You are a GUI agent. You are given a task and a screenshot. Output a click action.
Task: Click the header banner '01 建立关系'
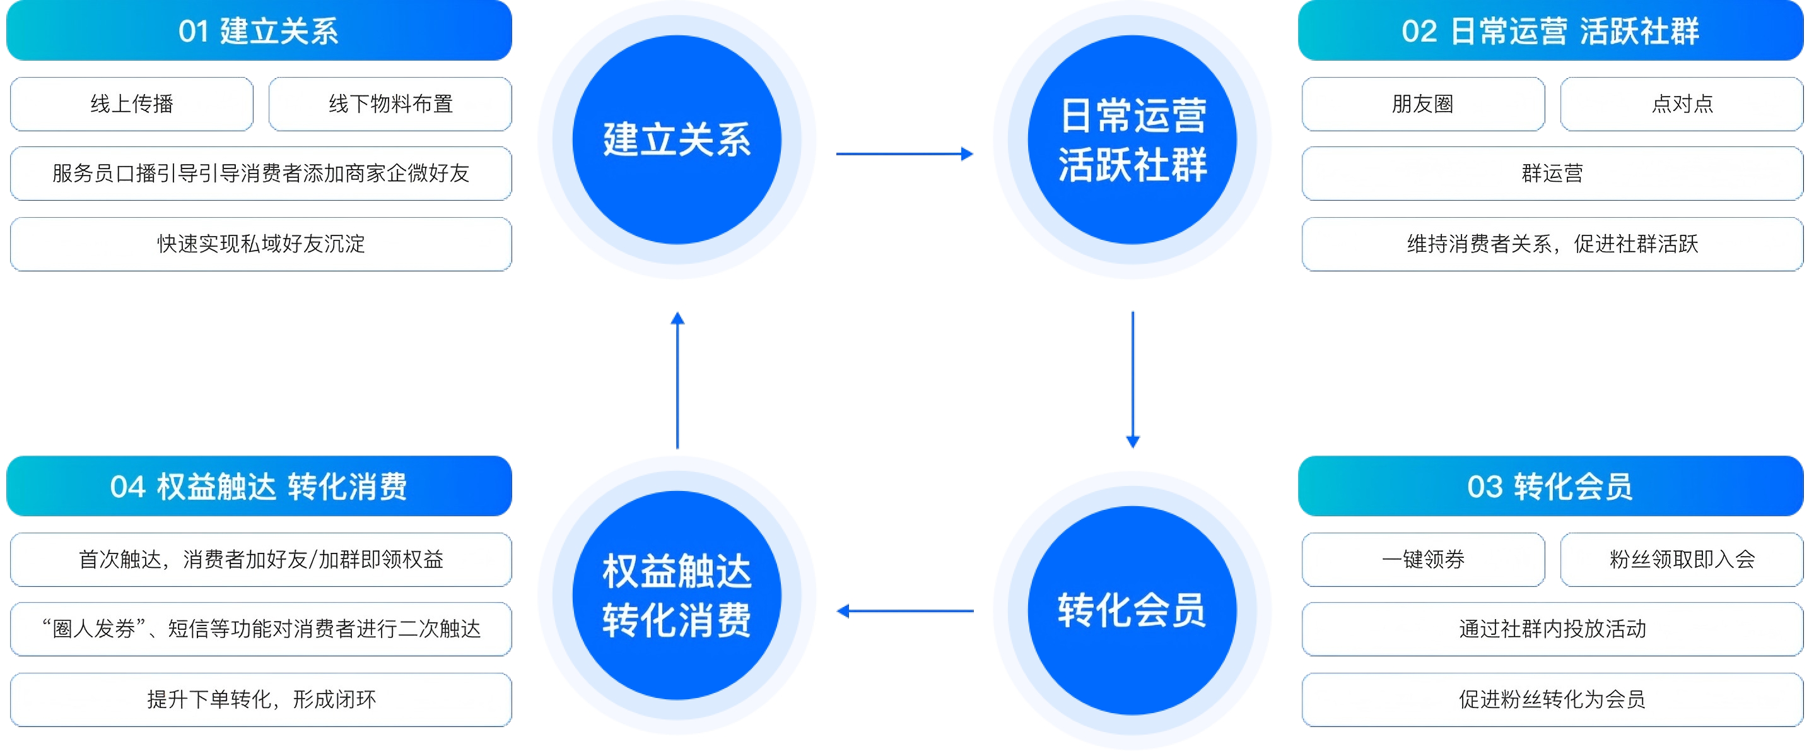(259, 31)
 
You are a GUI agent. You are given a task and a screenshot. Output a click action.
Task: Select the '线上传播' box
(132, 104)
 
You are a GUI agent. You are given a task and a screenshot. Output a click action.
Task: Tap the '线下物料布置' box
(390, 104)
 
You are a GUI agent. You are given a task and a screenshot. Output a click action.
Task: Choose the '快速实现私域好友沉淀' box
(260, 244)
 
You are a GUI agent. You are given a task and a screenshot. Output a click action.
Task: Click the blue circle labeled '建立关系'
(677, 139)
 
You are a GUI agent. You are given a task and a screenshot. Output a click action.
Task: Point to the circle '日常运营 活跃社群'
(1132, 139)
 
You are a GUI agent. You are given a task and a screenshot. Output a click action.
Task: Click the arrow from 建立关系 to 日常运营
(904, 153)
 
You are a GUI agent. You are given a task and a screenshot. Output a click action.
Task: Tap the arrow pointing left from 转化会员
(905, 611)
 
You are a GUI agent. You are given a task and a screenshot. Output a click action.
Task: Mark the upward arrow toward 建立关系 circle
(677, 381)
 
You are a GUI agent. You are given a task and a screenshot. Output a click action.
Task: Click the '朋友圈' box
(1422, 104)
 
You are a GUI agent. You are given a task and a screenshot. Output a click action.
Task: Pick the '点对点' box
(1682, 104)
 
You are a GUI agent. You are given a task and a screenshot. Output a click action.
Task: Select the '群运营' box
(1552, 174)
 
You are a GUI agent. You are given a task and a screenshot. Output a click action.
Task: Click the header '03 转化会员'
(1550, 486)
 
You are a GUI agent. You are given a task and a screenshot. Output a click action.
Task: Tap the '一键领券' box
(1422, 559)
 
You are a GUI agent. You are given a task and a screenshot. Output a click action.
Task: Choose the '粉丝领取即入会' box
(1682, 559)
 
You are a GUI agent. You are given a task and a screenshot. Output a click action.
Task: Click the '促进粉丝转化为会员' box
(1552, 699)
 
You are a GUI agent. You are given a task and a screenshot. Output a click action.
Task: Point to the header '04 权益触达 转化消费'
(259, 486)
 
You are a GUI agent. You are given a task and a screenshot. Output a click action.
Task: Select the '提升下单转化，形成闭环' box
(260, 699)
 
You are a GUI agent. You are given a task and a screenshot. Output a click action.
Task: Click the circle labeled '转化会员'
(1132, 610)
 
